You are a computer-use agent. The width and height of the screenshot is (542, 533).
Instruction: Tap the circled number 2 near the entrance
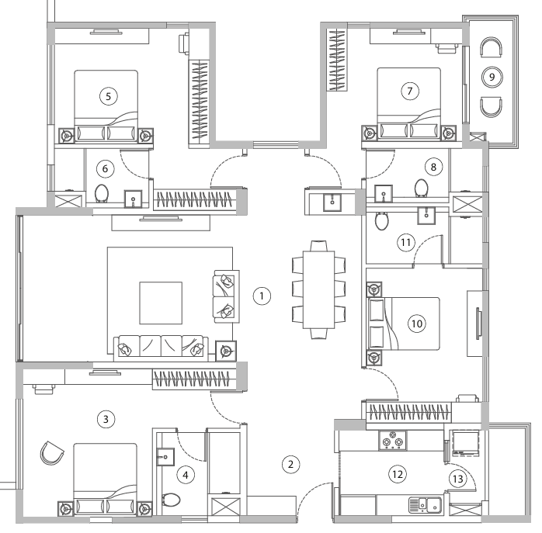point(290,465)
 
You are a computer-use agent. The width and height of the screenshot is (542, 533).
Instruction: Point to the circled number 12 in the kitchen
point(398,474)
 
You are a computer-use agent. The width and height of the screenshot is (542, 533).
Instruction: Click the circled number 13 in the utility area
point(458,479)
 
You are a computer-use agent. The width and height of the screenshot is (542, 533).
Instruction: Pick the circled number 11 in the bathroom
point(405,242)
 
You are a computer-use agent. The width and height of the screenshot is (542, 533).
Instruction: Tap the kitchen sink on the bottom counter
point(425,506)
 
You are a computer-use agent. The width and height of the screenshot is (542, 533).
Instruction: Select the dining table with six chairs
point(318,289)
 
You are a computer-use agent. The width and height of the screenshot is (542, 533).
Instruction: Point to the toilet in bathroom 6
point(102,192)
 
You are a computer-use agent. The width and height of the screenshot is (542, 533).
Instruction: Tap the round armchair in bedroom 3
point(51,452)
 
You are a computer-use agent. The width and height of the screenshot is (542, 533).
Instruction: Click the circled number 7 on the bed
point(409,91)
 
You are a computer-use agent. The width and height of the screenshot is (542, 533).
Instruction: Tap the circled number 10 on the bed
point(417,324)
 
